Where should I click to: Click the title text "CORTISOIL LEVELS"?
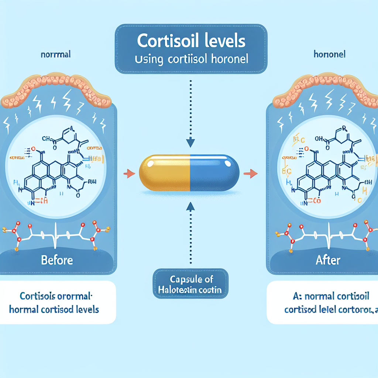(191, 41)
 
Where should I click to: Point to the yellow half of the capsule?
(165, 173)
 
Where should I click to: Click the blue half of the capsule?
(214, 173)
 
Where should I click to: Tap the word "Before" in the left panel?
(57, 260)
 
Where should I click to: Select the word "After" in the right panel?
(328, 260)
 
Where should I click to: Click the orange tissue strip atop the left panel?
(55, 87)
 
